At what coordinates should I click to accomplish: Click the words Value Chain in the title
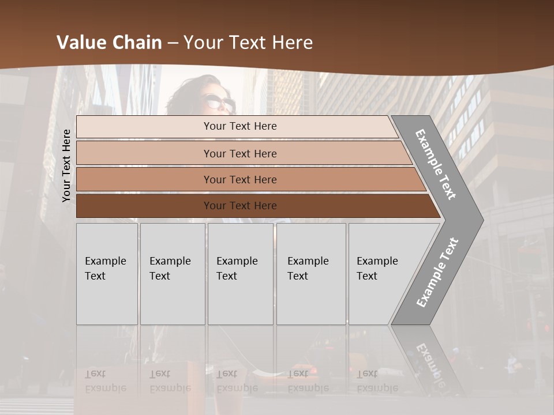point(109,43)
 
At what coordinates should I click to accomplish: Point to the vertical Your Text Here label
point(66,165)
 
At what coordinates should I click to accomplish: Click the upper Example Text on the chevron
point(436,164)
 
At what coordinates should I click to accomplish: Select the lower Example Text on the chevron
point(437,273)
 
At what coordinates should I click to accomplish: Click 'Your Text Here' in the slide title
point(248,43)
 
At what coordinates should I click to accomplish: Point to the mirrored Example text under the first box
point(105,388)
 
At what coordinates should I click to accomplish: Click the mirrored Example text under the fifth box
point(377,388)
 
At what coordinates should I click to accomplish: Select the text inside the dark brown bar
point(240,206)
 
